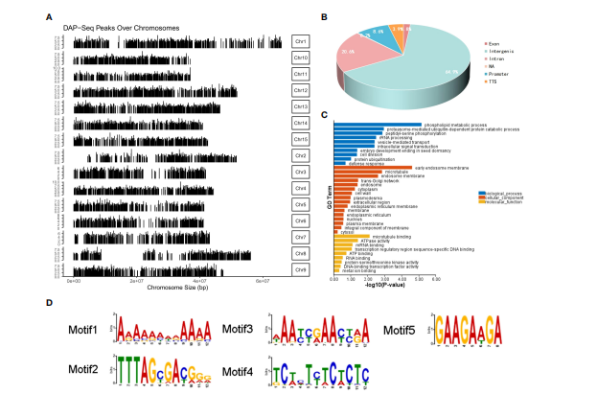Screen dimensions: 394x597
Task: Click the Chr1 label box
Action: (x=301, y=42)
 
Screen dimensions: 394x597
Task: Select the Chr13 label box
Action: (x=301, y=106)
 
